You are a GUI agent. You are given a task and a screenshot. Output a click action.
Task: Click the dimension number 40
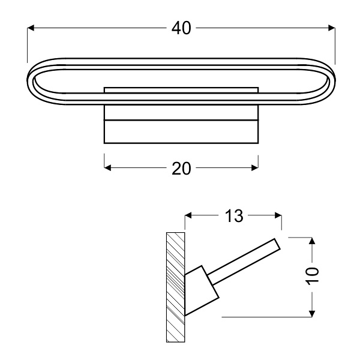(181, 28)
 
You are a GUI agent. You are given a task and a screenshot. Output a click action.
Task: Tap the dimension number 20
(181, 169)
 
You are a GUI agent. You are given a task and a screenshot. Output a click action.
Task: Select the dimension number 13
(235, 216)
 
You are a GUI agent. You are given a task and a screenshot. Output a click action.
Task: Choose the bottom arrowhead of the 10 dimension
(311, 313)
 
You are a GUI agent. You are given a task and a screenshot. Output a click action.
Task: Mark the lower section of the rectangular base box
(181, 132)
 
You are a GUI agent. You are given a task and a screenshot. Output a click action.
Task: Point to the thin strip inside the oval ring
(181, 90)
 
